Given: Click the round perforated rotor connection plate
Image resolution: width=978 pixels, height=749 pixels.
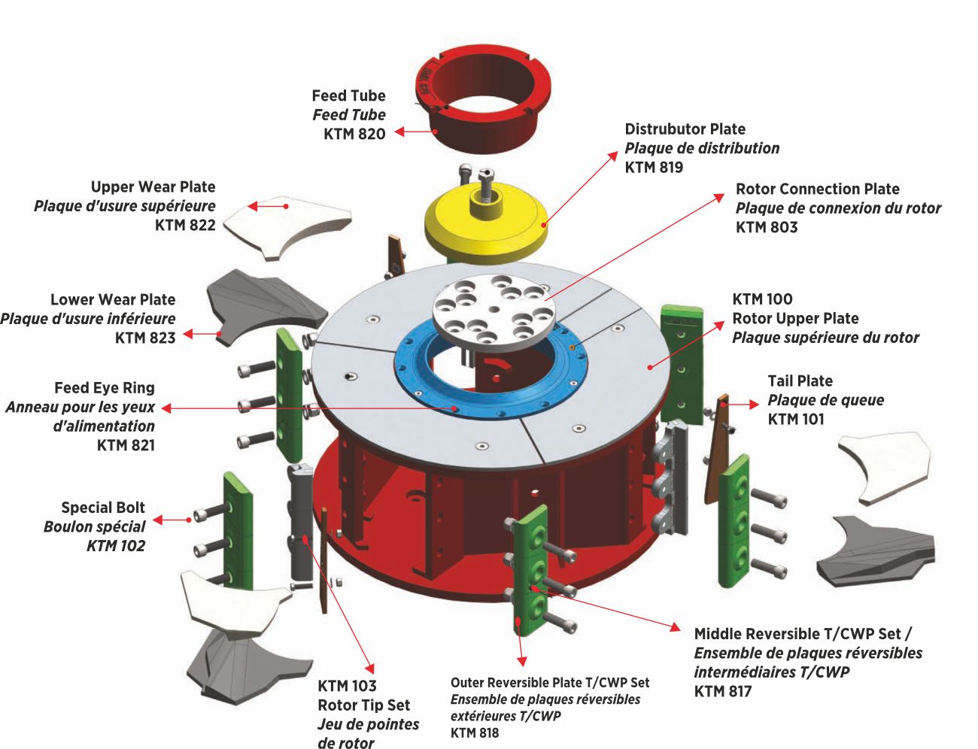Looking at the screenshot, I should (493, 312).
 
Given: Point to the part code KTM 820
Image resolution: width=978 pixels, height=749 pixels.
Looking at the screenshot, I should (354, 134).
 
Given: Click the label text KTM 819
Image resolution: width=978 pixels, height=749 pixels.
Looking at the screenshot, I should (654, 167).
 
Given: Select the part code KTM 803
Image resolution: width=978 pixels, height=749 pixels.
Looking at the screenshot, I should (767, 227).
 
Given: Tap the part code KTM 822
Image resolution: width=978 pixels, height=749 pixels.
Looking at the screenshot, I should (185, 225).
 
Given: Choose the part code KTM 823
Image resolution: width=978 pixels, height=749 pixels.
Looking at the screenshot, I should (145, 338).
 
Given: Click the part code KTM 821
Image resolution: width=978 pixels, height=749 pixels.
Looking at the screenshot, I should (126, 445).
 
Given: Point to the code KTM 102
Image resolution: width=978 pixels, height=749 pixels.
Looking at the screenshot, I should (115, 546).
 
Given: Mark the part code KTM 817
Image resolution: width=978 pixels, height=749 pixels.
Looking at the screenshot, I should (723, 691).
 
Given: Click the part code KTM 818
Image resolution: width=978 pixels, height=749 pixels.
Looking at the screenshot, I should (475, 732).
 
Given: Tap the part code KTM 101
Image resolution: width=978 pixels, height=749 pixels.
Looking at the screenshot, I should (796, 419).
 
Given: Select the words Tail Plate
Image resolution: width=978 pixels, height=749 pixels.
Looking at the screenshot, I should (800, 381).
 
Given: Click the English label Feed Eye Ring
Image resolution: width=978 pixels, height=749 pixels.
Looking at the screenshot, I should (105, 388).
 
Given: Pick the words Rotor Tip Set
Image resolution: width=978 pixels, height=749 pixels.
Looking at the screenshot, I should (363, 705).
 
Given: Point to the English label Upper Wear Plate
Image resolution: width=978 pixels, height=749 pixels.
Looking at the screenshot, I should (153, 186).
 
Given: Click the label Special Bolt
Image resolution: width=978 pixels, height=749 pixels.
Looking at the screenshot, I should (103, 508).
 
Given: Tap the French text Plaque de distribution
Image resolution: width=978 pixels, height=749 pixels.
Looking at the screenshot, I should (702, 148).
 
